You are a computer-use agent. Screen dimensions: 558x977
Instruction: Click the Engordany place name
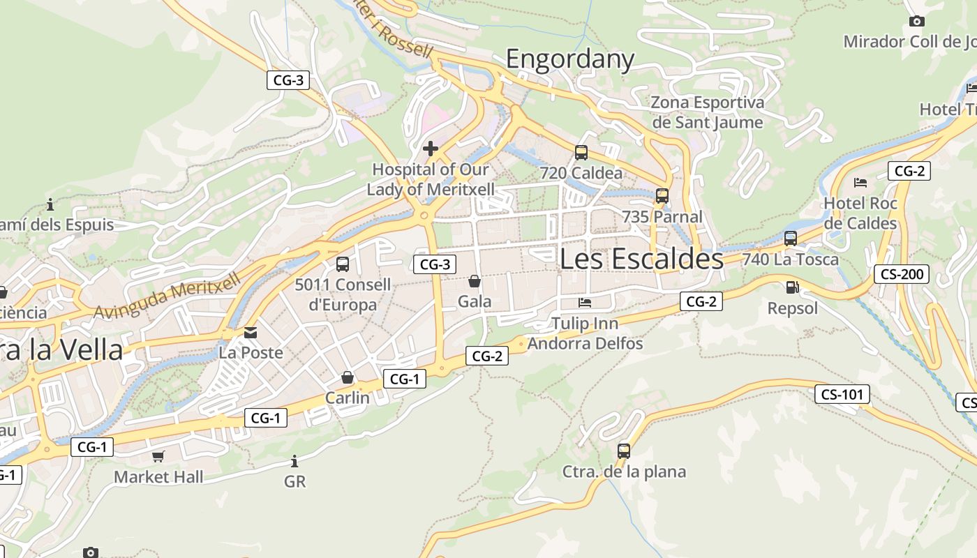[x=569, y=59]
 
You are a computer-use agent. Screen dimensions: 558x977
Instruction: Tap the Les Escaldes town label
[x=641, y=259]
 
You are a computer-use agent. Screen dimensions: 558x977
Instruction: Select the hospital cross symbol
[x=431, y=148]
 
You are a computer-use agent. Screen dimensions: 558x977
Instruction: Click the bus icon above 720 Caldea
[x=581, y=152]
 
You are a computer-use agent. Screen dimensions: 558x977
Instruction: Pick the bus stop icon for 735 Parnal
[x=662, y=196]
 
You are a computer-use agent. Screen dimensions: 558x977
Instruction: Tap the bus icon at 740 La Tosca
[x=790, y=239]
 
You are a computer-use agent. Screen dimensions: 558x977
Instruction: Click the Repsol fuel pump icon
[x=791, y=287]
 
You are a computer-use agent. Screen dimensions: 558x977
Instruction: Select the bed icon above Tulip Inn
[x=585, y=303]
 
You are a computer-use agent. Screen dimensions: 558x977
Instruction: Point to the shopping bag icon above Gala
[x=475, y=281]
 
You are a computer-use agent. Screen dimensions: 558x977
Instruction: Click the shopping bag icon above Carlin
[x=348, y=377]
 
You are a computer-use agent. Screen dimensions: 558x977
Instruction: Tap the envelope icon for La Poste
[x=251, y=333]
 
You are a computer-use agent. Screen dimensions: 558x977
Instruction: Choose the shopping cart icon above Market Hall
[x=158, y=456]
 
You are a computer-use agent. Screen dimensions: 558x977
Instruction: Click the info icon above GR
[x=294, y=461]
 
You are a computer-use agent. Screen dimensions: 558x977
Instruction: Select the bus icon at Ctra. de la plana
[x=624, y=451]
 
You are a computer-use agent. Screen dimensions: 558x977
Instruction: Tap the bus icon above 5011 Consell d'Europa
[x=342, y=264]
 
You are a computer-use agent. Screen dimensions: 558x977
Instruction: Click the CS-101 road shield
[x=842, y=394]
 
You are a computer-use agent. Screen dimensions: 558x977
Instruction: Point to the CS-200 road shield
[x=902, y=274]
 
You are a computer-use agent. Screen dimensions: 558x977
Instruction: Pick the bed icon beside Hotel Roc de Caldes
[x=860, y=183]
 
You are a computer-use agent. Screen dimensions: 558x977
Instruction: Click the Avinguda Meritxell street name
[x=167, y=296]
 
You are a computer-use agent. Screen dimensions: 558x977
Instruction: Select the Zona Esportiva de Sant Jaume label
[x=707, y=112]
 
